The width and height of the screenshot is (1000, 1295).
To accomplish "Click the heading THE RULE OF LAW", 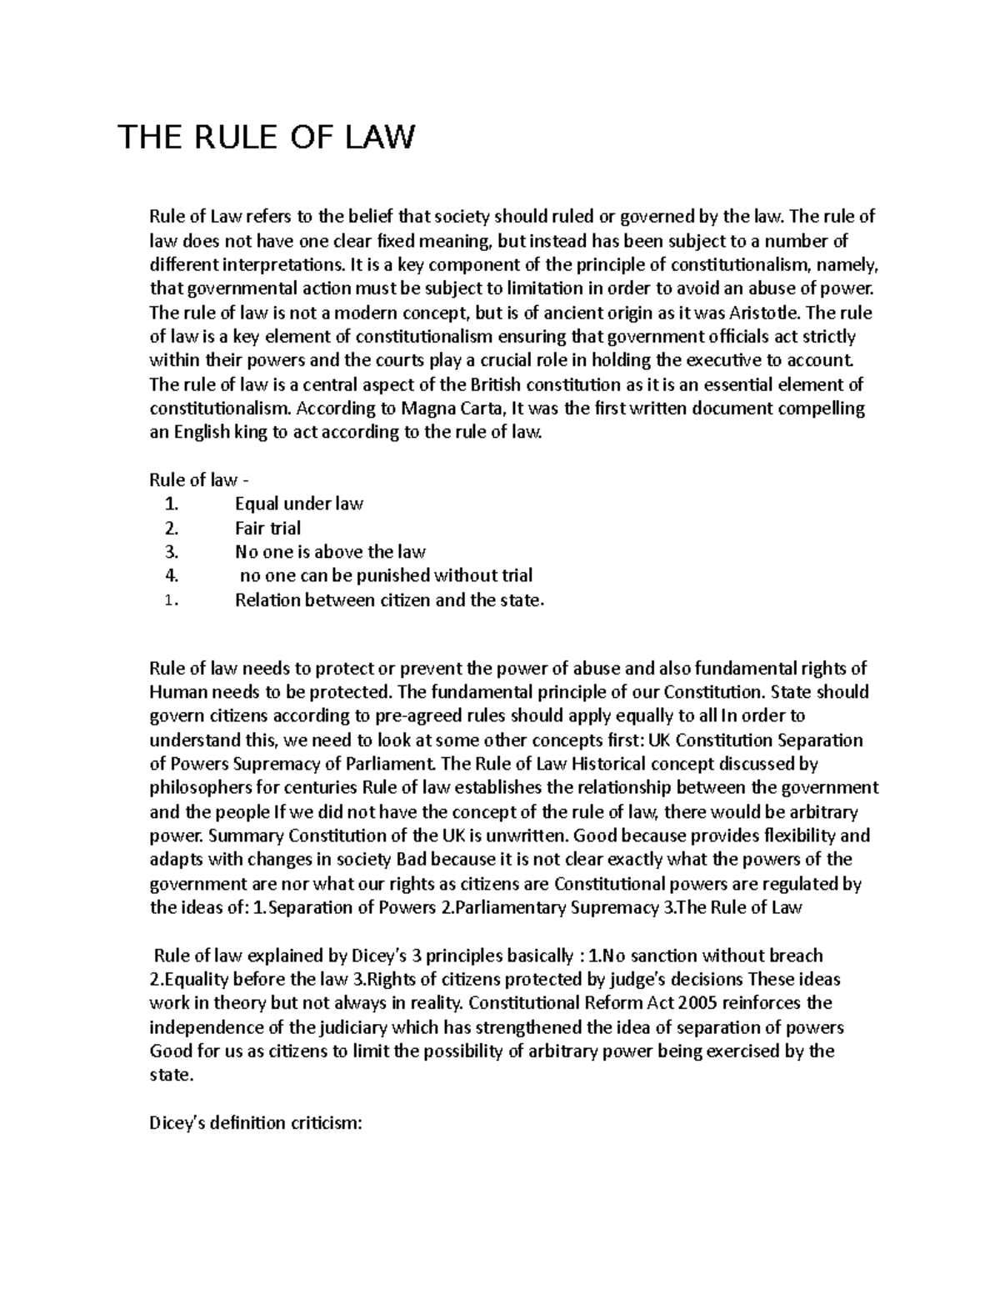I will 266,138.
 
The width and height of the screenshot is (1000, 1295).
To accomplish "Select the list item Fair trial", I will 267,528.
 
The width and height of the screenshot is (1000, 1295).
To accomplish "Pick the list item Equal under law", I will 298,504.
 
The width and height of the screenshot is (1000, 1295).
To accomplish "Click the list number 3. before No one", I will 172,552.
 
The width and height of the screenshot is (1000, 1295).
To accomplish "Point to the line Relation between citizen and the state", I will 389,600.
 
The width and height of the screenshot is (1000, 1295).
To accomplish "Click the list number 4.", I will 172,576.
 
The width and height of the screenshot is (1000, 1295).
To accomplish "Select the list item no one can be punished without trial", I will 386,576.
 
